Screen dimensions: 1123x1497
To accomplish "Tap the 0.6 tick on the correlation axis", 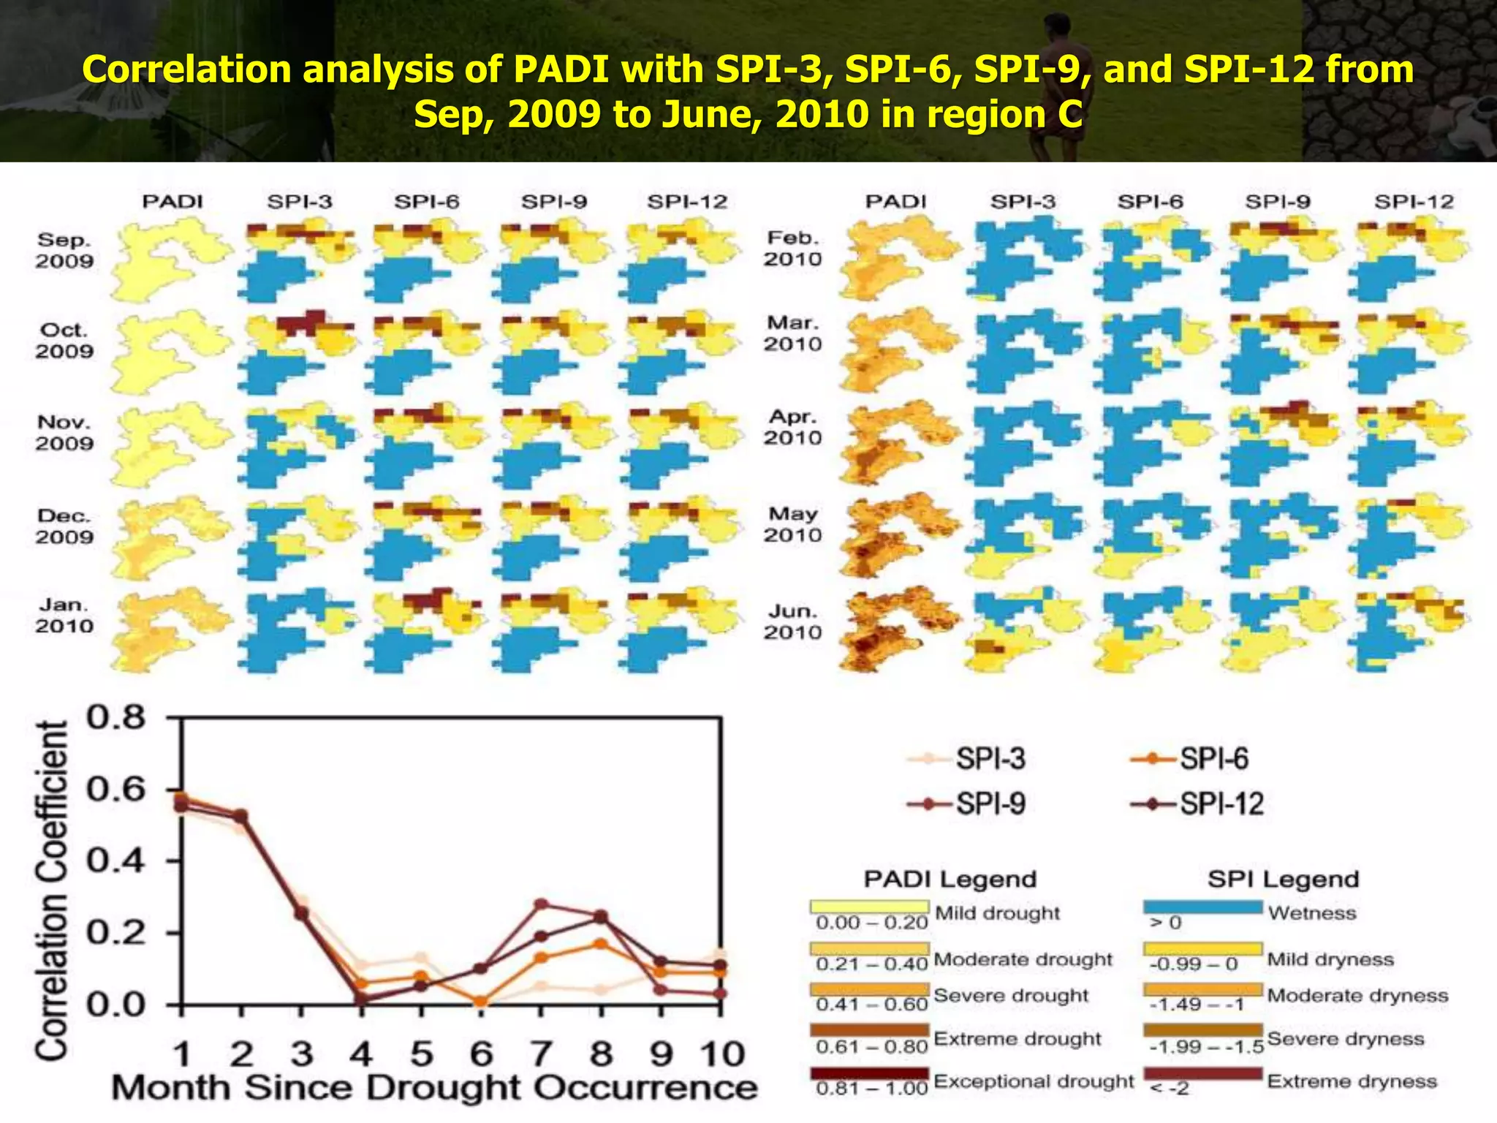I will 116,790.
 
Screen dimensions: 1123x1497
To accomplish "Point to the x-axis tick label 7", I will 541,1054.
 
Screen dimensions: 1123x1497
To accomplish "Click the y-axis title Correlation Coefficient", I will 53,891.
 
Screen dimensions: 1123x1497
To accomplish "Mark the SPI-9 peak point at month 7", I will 541,904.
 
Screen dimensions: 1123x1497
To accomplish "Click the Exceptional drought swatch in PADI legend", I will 869,1073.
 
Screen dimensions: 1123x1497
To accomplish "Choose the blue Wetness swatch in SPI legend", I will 1202,907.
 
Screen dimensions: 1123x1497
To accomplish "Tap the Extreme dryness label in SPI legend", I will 1352,1081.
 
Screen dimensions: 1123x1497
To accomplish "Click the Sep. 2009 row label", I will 64,251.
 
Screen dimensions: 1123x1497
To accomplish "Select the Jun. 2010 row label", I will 792,621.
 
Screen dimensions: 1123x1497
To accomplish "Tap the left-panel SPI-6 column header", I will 426,202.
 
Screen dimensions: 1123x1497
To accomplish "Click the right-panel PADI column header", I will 895,202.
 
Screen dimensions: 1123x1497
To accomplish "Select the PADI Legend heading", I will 950,879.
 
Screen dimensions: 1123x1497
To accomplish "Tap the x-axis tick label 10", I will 722,1054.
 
